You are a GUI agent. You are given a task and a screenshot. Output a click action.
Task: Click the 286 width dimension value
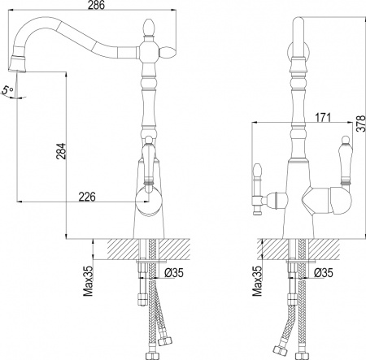pos(96,5)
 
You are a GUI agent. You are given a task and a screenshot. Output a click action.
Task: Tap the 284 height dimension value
pos(62,151)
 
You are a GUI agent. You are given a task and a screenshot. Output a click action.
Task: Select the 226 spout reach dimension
pos(87,197)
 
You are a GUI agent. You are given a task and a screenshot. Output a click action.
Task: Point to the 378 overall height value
pos(361,124)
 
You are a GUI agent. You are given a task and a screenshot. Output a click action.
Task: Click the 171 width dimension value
pos(323,118)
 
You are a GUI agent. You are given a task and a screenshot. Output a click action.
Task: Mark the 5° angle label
pos(7,90)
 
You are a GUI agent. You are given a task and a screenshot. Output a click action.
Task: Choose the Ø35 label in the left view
pos(174,273)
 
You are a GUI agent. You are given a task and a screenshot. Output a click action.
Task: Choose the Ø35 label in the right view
pos(324,273)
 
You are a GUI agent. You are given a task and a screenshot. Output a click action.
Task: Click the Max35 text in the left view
pos(88,280)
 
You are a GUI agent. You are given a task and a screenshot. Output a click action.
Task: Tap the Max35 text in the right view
pos(257,280)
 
